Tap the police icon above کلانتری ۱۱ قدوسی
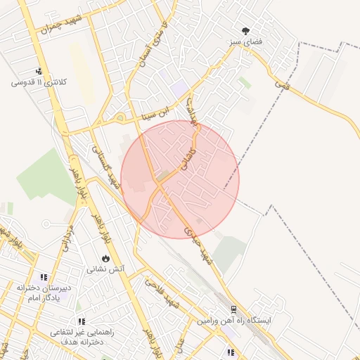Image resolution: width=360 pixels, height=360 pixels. (x=39, y=71)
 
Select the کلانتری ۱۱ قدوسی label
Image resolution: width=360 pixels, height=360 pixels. (x=39, y=82)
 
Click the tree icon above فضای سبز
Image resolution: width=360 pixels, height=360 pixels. (x=245, y=31)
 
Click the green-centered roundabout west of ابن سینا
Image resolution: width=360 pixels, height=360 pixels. (x=120, y=117)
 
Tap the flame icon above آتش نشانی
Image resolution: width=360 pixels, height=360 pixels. (x=105, y=258)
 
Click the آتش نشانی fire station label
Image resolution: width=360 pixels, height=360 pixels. (x=105, y=269)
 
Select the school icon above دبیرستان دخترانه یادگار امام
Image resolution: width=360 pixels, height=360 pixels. (x=44, y=277)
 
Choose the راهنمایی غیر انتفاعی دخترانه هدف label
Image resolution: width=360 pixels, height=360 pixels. (x=77, y=337)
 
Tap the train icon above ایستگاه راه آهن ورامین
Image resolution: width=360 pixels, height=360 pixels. (x=233, y=309)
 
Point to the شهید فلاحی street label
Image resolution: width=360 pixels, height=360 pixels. (x=163, y=293)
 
